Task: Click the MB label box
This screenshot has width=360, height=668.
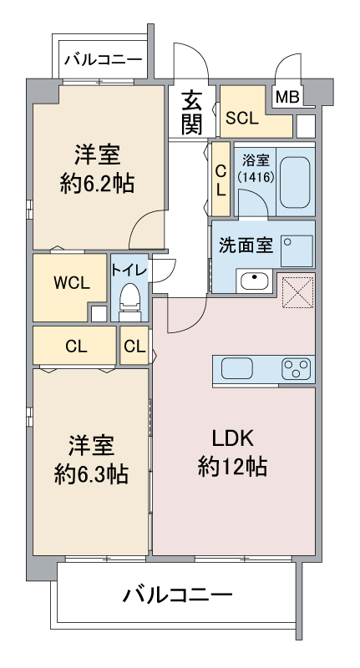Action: (286, 97)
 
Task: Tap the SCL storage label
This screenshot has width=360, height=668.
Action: (242, 119)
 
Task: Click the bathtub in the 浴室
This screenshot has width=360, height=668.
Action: (294, 177)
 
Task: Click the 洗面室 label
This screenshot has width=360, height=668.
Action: (246, 245)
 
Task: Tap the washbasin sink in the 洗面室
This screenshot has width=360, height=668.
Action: (253, 281)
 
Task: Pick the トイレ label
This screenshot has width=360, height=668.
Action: (129, 269)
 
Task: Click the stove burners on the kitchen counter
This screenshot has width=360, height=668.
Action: (297, 367)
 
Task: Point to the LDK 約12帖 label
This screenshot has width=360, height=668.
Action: (232, 453)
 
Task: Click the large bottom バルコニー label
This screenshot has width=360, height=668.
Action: (178, 595)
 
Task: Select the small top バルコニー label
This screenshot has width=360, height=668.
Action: (103, 59)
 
